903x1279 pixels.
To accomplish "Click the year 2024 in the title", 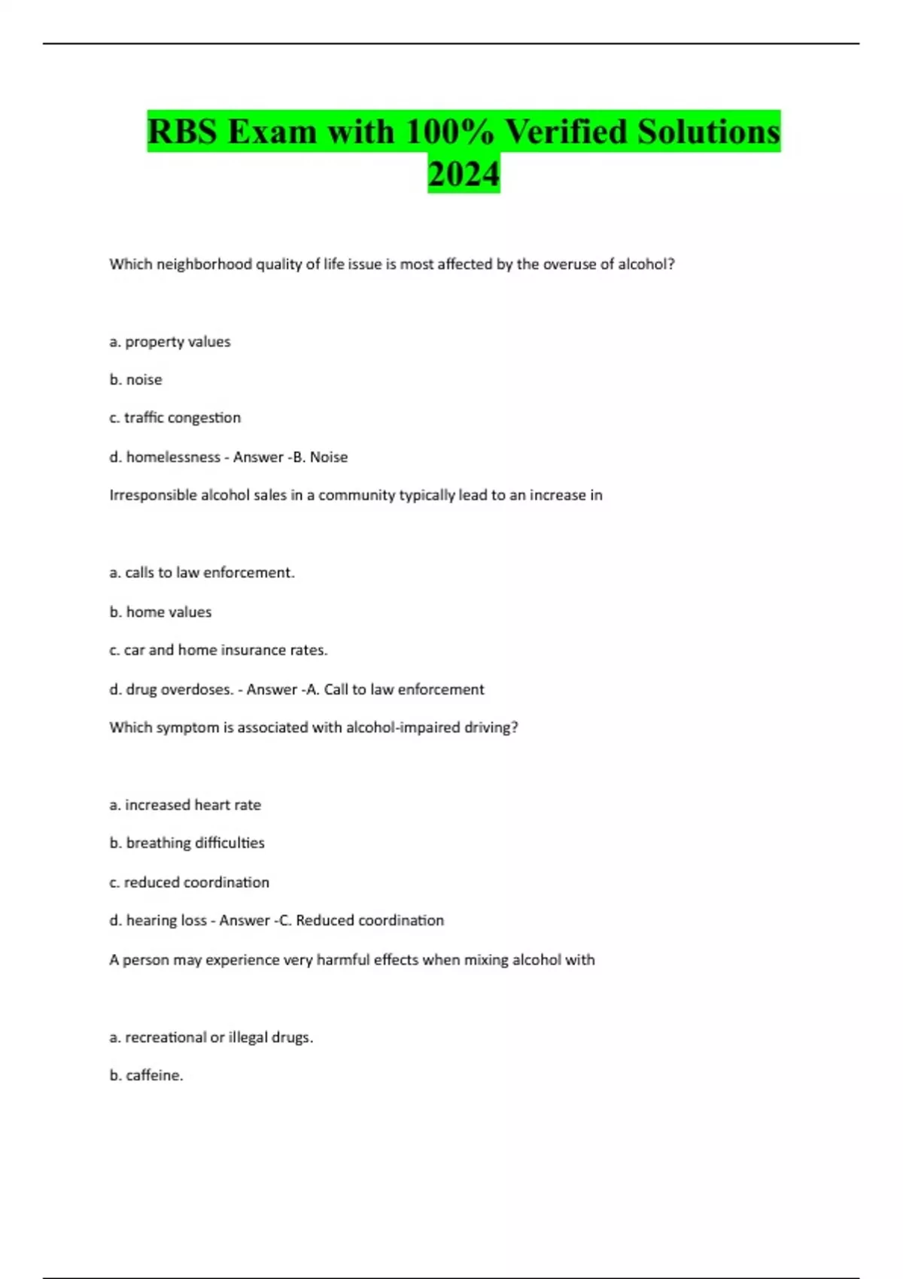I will point(464,174).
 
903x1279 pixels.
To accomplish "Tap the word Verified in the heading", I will point(565,132).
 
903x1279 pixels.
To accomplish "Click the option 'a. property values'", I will point(170,342).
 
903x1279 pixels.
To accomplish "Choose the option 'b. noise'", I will point(135,380).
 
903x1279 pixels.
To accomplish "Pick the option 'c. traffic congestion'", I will point(175,418).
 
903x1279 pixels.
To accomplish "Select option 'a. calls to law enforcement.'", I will point(202,573).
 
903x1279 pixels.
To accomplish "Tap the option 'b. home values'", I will point(160,612).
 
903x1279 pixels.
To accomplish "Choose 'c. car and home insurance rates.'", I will point(218,650).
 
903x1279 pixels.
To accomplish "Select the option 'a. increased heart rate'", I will point(185,805).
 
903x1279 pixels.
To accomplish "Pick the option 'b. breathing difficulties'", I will point(187,843).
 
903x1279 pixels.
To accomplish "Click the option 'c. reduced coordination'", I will point(189,882).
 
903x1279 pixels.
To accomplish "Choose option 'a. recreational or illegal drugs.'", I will point(211,1037).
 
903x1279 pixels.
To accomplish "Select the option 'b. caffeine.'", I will point(146,1075).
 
